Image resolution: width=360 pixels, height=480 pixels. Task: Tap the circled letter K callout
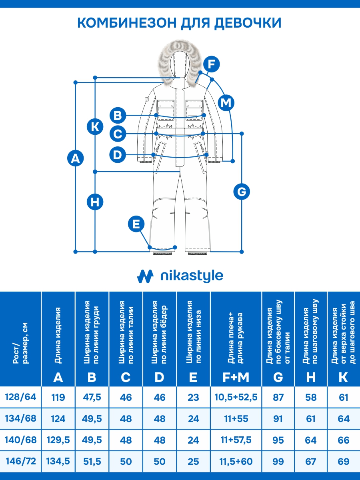[95, 127]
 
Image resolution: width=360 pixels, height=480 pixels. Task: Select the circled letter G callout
[242, 192]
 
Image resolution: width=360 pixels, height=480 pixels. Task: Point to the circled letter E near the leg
[136, 224]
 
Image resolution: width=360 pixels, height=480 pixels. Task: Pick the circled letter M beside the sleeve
[226, 103]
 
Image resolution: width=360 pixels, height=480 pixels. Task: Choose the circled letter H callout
[95, 202]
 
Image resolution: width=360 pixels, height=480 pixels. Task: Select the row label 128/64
[20, 397]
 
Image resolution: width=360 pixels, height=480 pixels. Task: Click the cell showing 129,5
[58, 440]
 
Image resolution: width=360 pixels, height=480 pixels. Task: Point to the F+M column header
[236, 377]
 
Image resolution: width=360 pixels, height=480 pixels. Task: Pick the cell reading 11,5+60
[236, 461]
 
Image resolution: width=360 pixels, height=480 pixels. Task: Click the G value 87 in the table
[278, 397]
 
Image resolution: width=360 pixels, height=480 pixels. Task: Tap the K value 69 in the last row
[343, 461]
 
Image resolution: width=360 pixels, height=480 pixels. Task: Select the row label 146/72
[20, 461]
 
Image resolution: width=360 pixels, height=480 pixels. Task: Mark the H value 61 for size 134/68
[311, 419]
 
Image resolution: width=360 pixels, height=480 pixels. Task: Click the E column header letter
[193, 377]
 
